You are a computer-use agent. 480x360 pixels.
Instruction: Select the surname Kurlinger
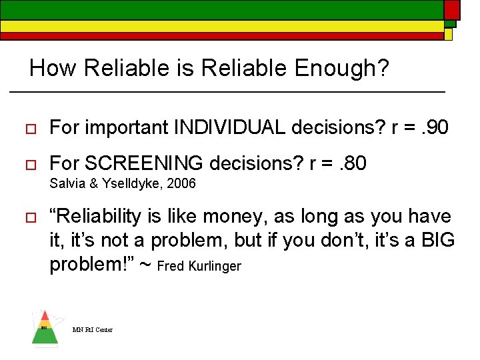click(x=215, y=267)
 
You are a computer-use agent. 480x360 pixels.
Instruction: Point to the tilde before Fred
click(x=146, y=265)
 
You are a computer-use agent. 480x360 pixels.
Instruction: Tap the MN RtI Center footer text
click(x=93, y=329)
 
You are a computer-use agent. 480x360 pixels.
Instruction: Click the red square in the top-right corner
click(x=452, y=9)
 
